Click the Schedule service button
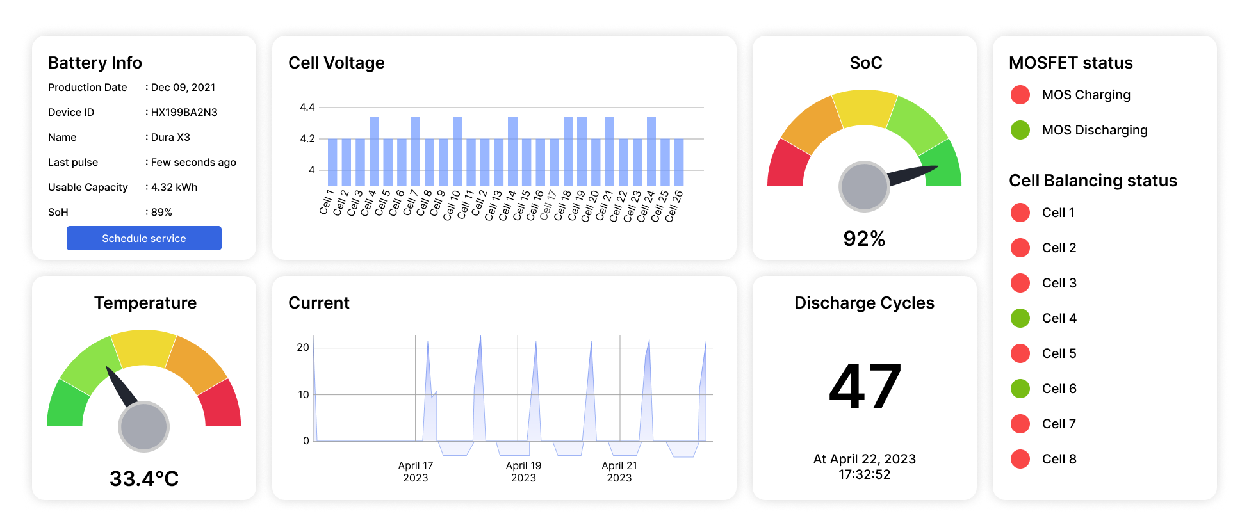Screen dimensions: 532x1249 coord(143,238)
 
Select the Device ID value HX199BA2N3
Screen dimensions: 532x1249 coord(184,113)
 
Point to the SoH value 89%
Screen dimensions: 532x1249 coord(161,213)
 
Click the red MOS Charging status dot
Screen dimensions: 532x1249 coord(1020,95)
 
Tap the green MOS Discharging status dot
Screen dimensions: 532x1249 coord(1020,130)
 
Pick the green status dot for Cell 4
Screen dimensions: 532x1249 coord(1020,318)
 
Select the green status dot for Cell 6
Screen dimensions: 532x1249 coord(1020,389)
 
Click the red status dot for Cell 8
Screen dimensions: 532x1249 coord(1020,459)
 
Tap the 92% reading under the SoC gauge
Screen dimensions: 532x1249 coord(864,239)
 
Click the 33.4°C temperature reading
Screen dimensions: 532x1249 coord(144,479)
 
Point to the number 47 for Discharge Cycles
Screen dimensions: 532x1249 coord(865,387)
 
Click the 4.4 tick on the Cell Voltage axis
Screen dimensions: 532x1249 coord(307,108)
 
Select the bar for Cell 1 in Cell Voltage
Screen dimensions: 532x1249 coord(332,163)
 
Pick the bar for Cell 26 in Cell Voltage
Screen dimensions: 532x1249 coord(679,163)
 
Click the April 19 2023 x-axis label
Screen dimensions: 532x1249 coord(523,472)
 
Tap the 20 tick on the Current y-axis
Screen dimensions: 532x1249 coord(303,348)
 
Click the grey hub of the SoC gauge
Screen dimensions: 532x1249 coord(864,186)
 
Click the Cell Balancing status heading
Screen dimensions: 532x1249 coord(1093,181)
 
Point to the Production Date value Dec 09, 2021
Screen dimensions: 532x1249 coord(183,88)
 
